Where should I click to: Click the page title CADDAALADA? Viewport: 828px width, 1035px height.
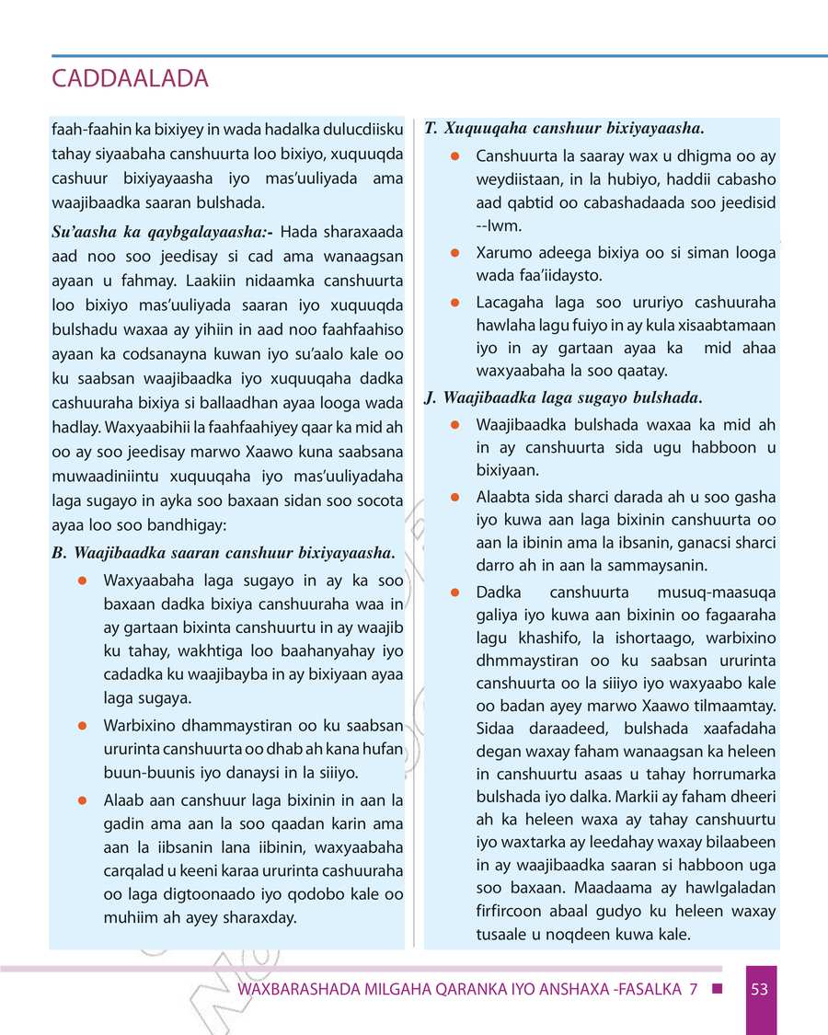pos(131,79)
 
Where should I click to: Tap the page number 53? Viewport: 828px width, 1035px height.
pos(759,990)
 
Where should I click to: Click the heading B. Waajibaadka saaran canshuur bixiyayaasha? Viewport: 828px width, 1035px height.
pos(224,553)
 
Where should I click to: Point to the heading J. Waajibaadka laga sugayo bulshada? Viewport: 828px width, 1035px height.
pos(563,397)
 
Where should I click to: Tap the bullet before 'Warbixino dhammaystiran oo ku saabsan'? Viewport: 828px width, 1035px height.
pos(82,724)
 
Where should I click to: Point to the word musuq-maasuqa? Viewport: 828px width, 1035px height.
pos(717,592)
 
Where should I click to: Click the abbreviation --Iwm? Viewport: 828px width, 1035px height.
pos(498,224)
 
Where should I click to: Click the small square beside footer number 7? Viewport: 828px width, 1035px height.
pos(717,990)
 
